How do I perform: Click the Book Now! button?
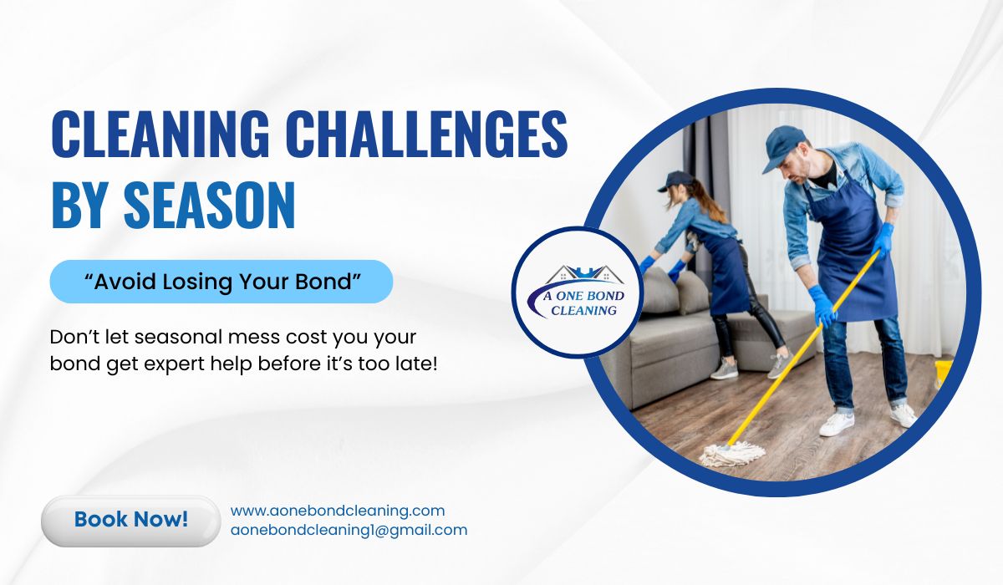tap(130, 521)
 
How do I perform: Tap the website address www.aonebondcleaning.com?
tap(338, 511)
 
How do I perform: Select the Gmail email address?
tap(349, 531)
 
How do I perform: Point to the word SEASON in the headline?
tap(209, 206)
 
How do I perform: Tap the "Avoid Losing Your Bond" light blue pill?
tap(221, 282)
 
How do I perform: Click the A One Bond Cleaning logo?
tap(578, 292)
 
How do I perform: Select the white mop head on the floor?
tap(732, 454)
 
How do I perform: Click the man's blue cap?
tap(785, 146)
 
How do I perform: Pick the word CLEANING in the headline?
tap(160, 134)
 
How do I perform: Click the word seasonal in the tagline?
tap(178, 337)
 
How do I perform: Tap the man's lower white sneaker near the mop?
tap(837, 424)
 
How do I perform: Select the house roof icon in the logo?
tap(584, 274)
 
